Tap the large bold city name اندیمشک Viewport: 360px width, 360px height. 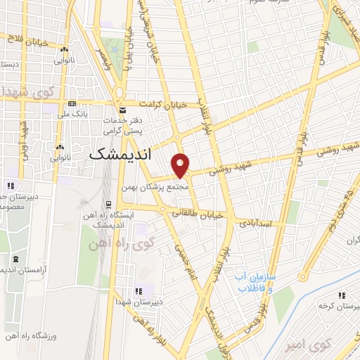coord(121,154)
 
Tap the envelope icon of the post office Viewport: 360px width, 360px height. coord(123,110)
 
